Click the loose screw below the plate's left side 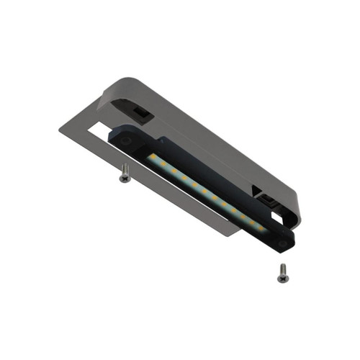tap(125, 174)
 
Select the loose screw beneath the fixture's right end tap(282, 272)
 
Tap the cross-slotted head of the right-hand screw tap(281, 267)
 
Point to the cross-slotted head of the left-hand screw tap(124, 168)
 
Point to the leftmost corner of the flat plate tap(60, 130)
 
